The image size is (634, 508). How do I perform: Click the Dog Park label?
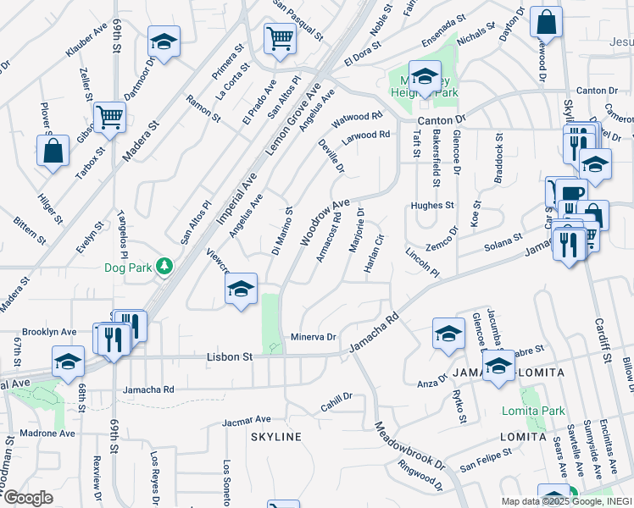click(x=127, y=268)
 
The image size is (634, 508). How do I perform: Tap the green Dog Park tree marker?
click(x=164, y=267)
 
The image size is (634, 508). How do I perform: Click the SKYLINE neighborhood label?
click(x=276, y=437)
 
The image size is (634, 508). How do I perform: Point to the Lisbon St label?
click(x=231, y=357)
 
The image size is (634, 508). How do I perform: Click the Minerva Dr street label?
click(x=314, y=336)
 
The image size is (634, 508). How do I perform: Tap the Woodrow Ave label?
click(x=325, y=222)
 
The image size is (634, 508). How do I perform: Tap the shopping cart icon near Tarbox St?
click(x=109, y=118)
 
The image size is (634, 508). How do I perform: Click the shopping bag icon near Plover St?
click(x=53, y=151)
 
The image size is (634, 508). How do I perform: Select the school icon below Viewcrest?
click(x=242, y=290)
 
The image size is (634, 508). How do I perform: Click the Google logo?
click(x=27, y=498)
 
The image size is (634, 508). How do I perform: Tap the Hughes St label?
click(x=432, y=205)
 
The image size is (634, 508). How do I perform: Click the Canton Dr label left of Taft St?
click(x=448, y=119)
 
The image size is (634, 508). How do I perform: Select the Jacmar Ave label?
click(x=246, y=419)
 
